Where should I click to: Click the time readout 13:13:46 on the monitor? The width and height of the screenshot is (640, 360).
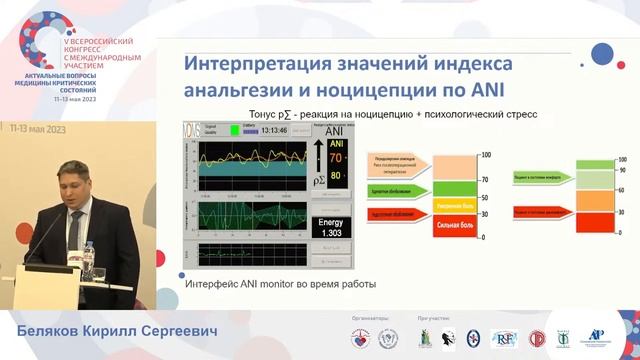click(x=269, y=130)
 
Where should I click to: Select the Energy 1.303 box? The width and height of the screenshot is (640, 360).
click(x=329, y=226)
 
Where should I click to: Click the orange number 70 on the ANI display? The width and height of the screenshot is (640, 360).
click(x=335, y=158)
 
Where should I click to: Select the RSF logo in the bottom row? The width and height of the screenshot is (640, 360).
click(x=505, y=339)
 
